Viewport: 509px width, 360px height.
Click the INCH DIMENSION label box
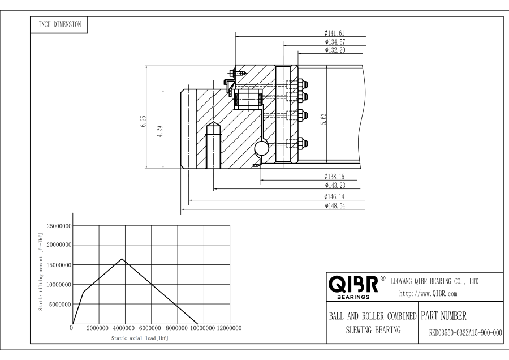pyautogui.click(x=59, y=24)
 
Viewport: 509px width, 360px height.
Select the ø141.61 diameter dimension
pyautogui.click(x=335, y=33)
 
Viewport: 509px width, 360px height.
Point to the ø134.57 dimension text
pyautogui.click(x=335, y=42)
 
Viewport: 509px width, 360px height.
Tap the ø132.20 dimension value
pyautogui.click(x=335, y=50)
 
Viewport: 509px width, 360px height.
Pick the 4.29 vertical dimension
pyautogui.click(x=160, y=131)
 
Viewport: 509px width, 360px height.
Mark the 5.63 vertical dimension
pyautogui.click(x=323, y=119)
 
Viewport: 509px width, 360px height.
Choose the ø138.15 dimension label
pyautogui.click(x=335, y=177)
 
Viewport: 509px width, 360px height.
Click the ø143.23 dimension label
pyautogui.click(x=335, y=185)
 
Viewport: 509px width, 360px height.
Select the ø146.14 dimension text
pyautogui.click(x=335, y=196)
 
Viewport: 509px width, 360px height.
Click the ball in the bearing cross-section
pyautogui.click(x=262, y=148)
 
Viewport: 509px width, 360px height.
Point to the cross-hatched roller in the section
pyautogui.click(x=247, y=100)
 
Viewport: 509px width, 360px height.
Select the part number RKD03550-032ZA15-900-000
pyautogui.click(x=462, y=334)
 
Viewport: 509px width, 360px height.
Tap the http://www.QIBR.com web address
pyautogui.click(x=428, y=293)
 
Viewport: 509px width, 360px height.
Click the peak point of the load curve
pyautogui.click(x=122, y=259)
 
